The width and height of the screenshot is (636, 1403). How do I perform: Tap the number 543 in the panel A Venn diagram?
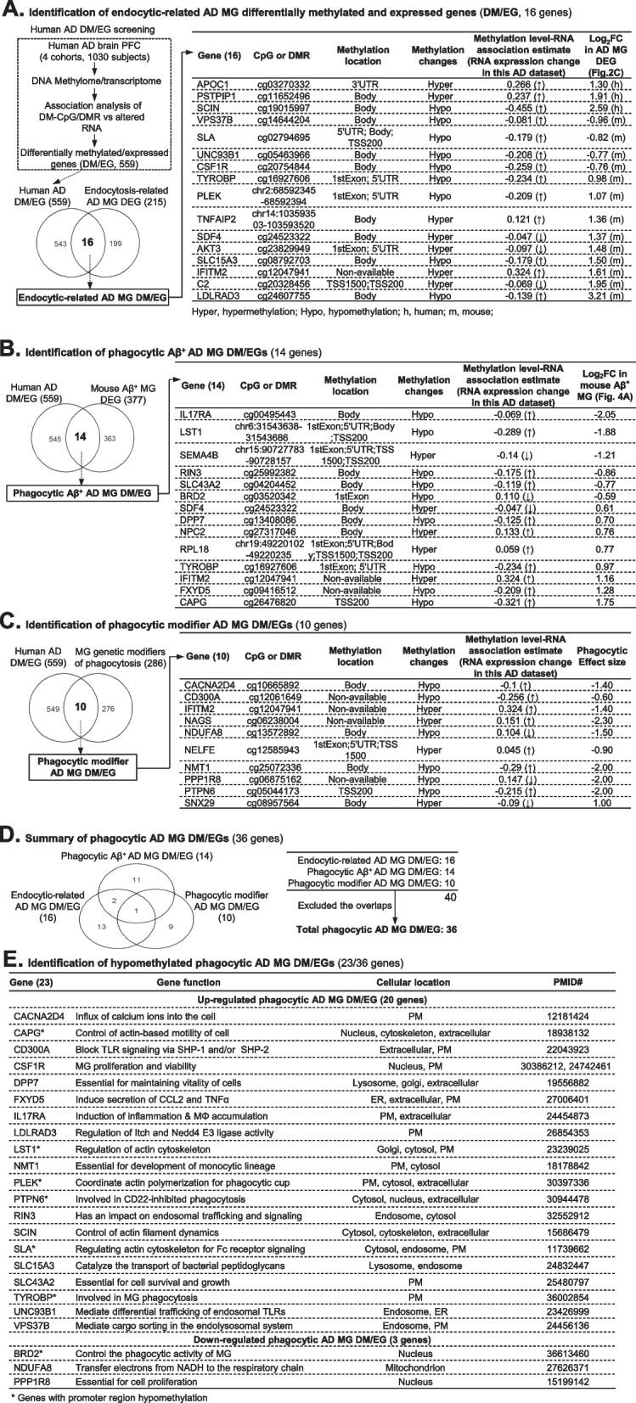point(32,244)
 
